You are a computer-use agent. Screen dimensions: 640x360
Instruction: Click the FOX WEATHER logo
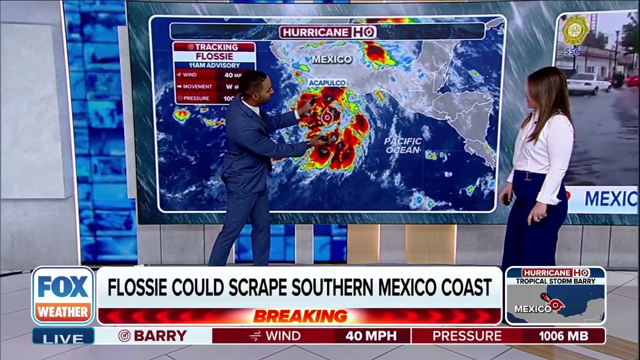[x=63, y=295]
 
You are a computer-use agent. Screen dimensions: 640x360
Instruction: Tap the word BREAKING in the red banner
[x=300, y=316]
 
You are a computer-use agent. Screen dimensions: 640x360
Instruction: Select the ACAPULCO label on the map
[x=327, y=82]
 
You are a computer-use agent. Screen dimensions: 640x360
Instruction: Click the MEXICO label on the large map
[x=332, y=59]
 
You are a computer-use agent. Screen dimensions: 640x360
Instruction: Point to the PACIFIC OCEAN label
[x=403, y=145]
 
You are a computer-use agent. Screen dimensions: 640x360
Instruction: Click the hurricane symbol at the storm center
[x=327, y=117]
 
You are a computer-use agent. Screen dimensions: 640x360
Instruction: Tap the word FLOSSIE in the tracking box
[x=214, y=56]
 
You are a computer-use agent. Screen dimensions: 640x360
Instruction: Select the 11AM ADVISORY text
[x=214, y=65]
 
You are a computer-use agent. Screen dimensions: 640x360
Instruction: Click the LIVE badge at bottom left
[x=63, y=338]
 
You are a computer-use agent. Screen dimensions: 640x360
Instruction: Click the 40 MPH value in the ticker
[x=370, y=336]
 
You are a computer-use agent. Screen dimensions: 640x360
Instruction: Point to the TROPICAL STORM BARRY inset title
[x=555, y=281]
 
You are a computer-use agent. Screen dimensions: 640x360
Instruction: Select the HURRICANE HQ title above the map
[x=327, y=32]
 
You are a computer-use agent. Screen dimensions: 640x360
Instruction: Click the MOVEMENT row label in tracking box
[x=197, y=86]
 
